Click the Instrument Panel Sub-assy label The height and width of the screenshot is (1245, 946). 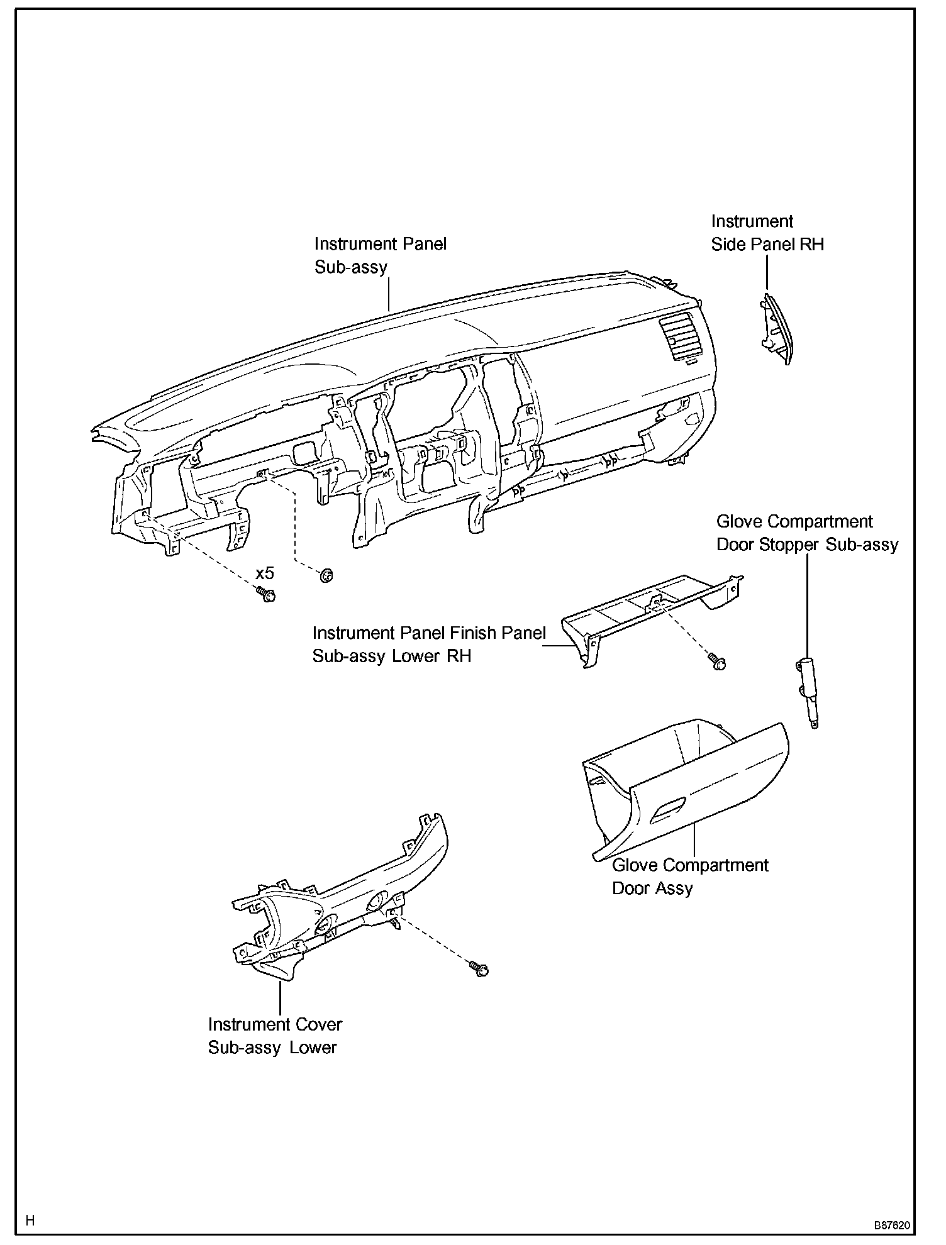380,255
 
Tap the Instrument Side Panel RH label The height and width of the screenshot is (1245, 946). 767,233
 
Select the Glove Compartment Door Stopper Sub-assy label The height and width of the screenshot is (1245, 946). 807,533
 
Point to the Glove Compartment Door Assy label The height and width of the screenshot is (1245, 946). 690,877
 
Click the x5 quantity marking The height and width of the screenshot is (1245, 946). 265,573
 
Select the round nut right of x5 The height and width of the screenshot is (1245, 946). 326,575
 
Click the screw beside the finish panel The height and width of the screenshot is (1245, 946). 717,661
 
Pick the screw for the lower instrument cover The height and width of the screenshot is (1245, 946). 479,968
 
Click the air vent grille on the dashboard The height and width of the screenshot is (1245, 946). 678,340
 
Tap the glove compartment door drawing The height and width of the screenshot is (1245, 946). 686,786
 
